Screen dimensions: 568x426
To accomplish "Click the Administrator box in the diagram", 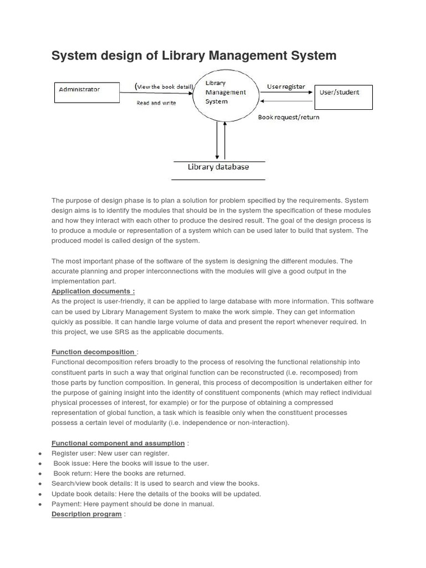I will point(86,92).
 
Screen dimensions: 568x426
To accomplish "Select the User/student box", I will point(344,97).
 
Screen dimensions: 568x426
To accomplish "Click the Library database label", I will point(218,167).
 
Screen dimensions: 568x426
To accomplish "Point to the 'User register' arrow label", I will point(286,87).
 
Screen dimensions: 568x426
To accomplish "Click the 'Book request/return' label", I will point(288,117).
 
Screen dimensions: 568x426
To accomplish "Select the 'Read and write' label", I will point(156,103).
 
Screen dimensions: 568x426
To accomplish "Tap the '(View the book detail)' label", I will point(164,86).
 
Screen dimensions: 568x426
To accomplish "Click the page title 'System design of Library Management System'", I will point(194,55).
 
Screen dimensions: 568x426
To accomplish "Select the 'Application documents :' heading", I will point(93,291).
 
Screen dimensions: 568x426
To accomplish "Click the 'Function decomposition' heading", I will point(93,352).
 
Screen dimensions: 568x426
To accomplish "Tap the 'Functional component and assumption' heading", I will point(118,443).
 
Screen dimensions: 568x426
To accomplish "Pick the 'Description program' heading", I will point(87,514).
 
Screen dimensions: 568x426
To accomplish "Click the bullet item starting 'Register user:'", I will point(110,453).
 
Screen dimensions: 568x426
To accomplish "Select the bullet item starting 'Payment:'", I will point(133,504).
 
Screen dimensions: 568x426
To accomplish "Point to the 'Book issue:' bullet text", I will point(131,463).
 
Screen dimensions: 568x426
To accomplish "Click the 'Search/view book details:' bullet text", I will point(155,484).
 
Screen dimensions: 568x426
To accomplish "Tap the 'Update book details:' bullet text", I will point(156,494).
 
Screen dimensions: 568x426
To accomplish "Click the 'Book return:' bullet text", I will point(120,474).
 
